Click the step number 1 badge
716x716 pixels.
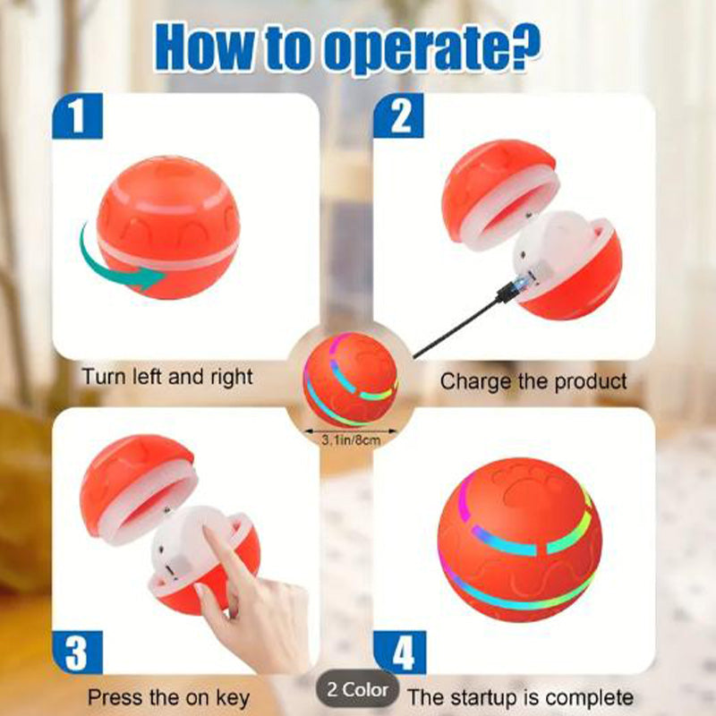point(77,116)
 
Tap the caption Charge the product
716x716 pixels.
point(533,381)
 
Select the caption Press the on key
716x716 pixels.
point(168,697)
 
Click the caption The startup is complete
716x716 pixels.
point(520,697)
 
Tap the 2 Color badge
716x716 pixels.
point(357,689)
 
